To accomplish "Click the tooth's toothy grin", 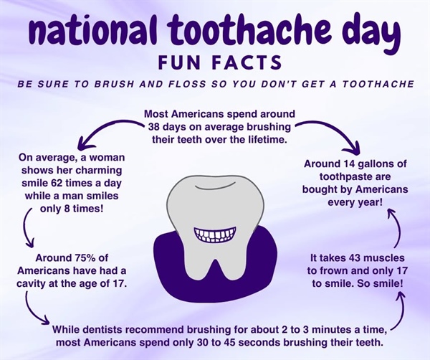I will [214, 235].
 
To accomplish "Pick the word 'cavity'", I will [45, 285].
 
